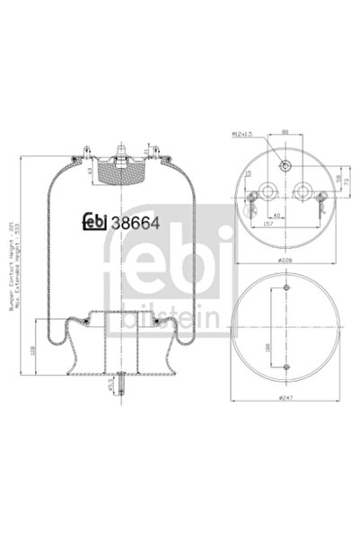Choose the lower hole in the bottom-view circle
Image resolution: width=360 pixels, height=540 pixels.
pos(285,367)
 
